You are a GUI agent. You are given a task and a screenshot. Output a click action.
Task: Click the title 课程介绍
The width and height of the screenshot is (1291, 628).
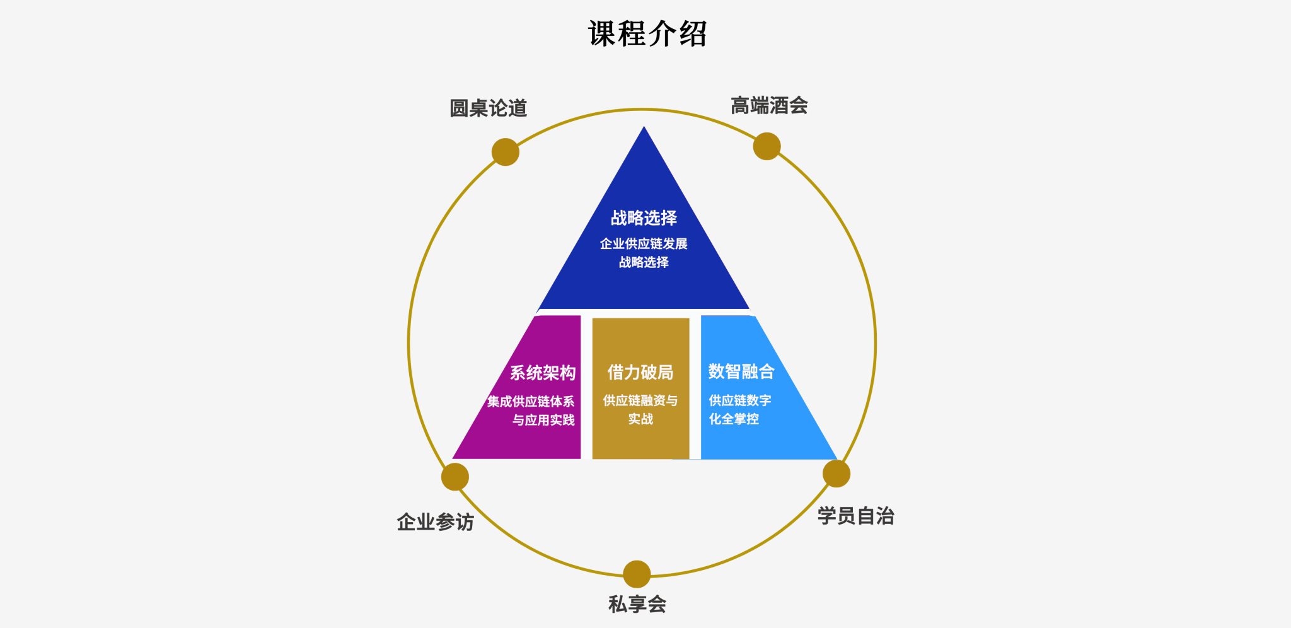click(647, 33)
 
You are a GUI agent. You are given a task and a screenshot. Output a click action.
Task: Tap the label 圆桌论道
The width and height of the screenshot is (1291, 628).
click(489, 108)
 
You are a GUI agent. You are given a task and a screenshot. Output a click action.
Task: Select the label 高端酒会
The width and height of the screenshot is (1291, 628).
click(769, 105)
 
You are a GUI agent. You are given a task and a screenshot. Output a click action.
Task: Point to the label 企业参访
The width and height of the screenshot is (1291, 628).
click(436, 522)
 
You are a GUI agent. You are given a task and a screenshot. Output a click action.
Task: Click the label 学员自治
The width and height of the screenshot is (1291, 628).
click(856, 516)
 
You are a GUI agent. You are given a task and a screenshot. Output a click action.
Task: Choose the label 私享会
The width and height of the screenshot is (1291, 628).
click(637, 604)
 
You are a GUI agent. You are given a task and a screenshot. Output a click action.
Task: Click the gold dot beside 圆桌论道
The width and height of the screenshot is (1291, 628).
click(506, 152)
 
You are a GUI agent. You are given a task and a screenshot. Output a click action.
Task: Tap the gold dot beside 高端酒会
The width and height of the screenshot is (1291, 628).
click(767, 146)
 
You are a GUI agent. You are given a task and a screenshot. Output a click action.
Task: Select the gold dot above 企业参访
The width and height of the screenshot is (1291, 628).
click(455, 477)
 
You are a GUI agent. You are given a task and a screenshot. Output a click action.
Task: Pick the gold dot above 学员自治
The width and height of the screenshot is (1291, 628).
click(837, 474)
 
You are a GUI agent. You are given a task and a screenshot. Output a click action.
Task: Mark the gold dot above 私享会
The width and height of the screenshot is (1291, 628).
click(637, 574)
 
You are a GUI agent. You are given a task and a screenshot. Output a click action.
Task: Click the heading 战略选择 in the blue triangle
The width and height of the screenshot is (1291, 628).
click(644, 218)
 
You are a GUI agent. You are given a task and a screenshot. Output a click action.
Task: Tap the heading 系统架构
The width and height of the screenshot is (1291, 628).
click(543, 373)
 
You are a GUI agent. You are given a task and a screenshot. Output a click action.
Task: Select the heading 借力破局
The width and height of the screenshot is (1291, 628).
click(640, 372)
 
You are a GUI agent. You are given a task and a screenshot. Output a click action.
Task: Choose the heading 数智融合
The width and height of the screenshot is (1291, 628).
click(741, 371)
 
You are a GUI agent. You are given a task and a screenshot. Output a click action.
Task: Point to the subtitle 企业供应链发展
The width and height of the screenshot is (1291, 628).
click(644, 243)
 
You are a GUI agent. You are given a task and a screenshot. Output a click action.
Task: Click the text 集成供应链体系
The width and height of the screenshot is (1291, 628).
click(531, 401)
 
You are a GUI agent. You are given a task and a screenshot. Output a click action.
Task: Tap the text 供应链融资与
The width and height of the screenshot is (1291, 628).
click(640, 400)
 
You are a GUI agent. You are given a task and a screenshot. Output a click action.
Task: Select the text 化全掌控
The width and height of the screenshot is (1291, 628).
click(734, 419)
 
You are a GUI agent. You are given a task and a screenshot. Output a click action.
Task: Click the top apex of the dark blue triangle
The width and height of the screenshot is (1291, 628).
click(644, 127)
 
